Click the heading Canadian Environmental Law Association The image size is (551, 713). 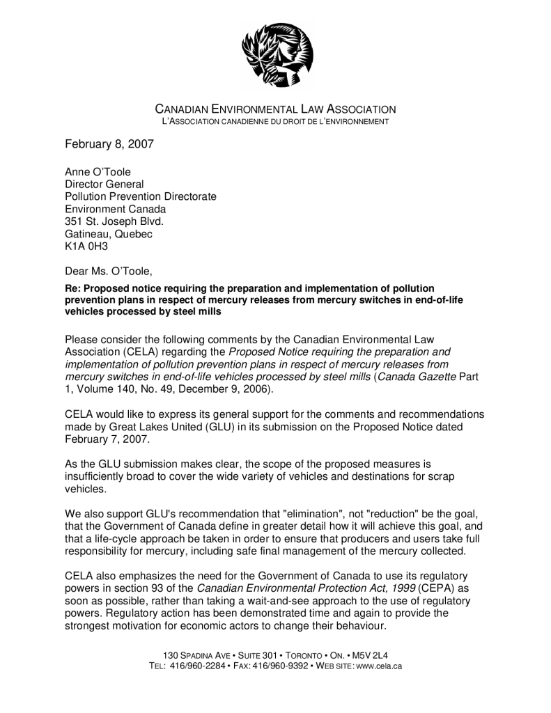tap(275, 109)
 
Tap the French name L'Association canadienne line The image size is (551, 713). tap(275, 122)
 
